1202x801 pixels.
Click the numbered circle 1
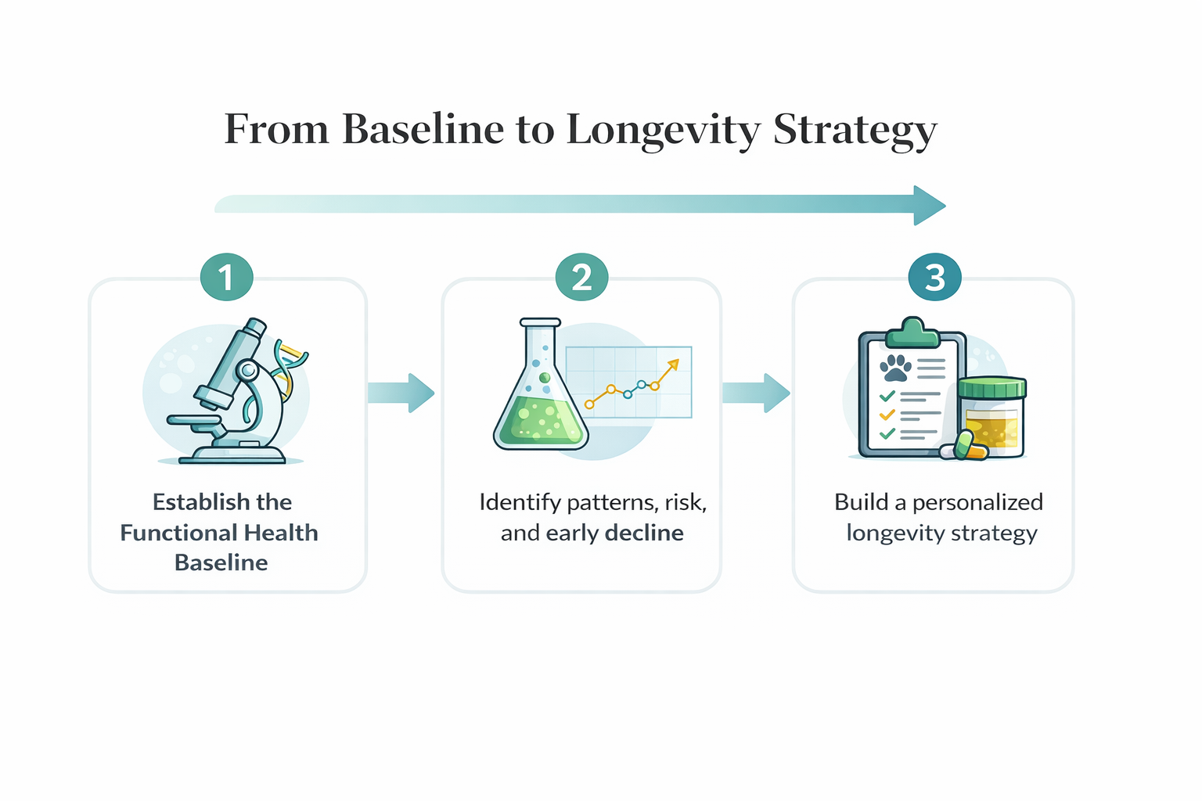pos(226,277)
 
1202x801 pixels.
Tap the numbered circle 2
pos(581,277)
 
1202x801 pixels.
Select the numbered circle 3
pos(935,277)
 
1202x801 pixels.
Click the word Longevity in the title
pos(664,131)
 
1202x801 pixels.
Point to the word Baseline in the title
pos(423,129)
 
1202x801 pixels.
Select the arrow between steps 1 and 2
pos(401,393)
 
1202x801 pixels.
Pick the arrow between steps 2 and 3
pos(756,393)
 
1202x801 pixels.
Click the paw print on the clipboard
pos(895,368)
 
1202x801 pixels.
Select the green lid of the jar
pos(992,387)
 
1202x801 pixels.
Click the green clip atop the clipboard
pos(912,332)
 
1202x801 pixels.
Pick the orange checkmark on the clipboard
pos(887,415)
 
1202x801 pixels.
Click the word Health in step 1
pos(281,533)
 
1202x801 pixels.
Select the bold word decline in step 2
pos(644,533)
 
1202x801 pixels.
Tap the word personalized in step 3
pos(977,504)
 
